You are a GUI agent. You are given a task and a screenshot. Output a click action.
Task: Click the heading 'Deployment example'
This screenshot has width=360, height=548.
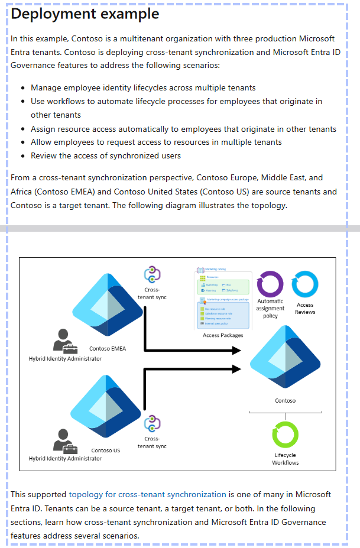coord(85,14)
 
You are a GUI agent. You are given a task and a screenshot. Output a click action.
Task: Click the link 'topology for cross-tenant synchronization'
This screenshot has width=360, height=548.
coord(147,494)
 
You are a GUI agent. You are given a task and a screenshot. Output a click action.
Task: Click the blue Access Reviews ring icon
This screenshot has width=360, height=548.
coord(305,284)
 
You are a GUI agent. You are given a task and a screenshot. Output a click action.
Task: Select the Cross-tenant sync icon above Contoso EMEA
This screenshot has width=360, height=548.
coord(153,275)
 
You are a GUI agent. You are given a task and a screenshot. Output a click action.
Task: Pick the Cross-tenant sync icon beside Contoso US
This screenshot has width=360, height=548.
coord(153,423)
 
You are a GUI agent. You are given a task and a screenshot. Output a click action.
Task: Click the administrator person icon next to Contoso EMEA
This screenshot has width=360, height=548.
coord(65,341)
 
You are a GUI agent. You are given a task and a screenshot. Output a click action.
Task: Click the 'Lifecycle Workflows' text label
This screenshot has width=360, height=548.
coord(286,459)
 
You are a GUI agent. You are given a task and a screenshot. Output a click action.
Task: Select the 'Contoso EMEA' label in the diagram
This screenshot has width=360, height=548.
coord(108,349)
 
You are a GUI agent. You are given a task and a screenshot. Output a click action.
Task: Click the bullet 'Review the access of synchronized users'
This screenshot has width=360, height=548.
coord(106,156)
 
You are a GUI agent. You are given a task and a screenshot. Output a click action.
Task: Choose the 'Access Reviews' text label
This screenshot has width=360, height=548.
coord(305,309)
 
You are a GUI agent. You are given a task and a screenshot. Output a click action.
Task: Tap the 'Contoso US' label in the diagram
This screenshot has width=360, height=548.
coord(106,450)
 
